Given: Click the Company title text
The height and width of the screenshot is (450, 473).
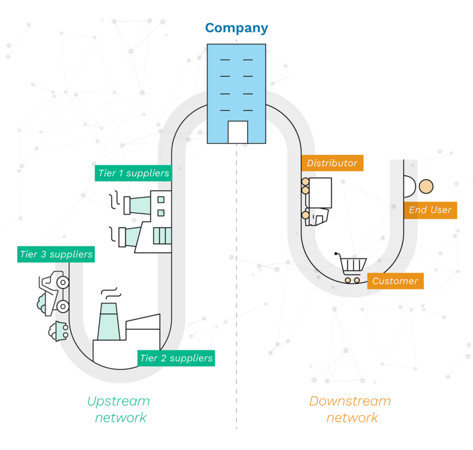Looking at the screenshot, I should tap(237, 28).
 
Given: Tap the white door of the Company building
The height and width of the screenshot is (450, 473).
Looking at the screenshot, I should tap(238, 132).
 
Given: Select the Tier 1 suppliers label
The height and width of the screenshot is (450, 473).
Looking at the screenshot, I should tap(133, 173).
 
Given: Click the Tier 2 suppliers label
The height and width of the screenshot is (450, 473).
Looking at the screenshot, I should tap(176, 358).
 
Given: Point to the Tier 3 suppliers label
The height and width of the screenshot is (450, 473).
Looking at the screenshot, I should tap(56, 254).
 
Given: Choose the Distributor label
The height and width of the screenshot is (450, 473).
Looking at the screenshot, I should tap(332, 163).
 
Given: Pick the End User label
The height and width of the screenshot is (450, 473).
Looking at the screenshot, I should tap(430, 210).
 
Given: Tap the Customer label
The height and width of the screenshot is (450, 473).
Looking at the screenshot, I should tap(395, 281).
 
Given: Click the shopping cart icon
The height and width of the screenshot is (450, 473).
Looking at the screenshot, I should tap(351, 267).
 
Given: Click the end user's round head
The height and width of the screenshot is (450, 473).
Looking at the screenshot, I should tap(426, 187).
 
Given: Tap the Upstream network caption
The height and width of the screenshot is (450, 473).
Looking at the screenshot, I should tap(118, 409).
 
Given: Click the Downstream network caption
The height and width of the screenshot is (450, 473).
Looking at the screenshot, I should tap(351, 409).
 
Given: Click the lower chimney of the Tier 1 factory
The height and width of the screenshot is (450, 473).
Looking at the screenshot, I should tap(131, 236).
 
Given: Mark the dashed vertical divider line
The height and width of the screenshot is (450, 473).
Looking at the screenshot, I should tap(237, 296).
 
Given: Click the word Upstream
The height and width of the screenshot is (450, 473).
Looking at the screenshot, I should tap(118, 401).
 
